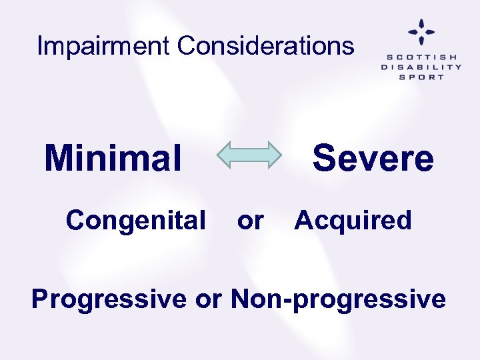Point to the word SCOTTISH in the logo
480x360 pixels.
tap(421, 57)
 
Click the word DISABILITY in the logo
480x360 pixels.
tap(421, 67)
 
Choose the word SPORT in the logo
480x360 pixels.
tap(421, 77)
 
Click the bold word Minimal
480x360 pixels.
tap(113, 159)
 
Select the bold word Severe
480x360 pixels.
tap(373, 159)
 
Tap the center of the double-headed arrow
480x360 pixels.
tap(249, 155)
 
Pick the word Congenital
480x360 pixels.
tap(135, 220)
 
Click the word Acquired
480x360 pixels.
tap(353, 220)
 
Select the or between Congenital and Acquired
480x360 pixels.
tap(250, 221)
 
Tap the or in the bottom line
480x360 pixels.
tap(209, 300)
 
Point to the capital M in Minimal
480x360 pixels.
tap(59, 159)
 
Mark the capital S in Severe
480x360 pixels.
tap(325, 159)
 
